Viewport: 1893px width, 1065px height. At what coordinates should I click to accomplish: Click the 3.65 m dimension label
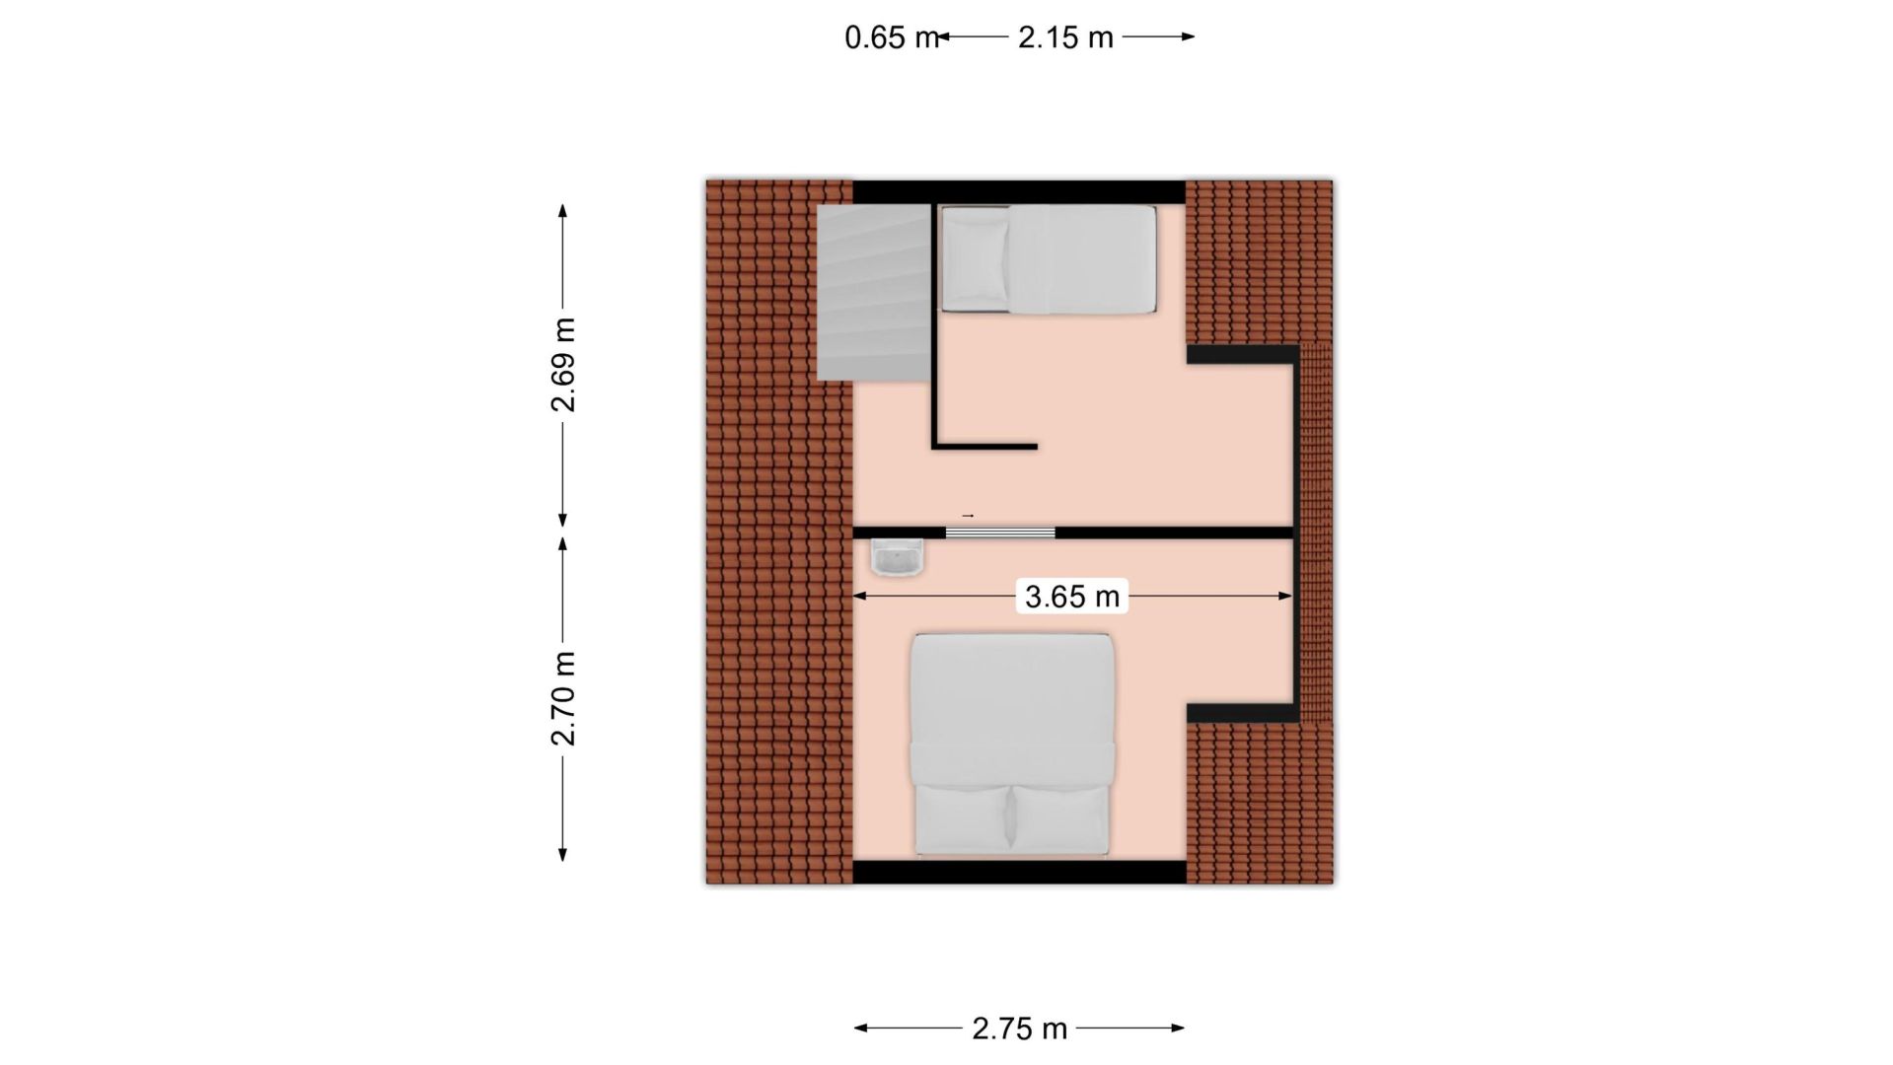click(x=1072, y=597)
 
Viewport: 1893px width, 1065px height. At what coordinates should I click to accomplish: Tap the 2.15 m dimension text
click(x=1065, y=37)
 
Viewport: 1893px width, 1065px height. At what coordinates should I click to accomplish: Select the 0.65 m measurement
click(x=891, y=37)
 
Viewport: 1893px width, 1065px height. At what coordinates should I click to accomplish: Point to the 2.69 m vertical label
click(x=563, y=365)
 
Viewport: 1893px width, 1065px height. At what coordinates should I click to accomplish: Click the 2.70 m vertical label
click(x=563, y=698)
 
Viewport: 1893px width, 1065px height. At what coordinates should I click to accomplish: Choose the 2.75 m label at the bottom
click(x=1019, y=1029)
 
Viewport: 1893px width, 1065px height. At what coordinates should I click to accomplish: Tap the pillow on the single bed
click(x=976, y=260)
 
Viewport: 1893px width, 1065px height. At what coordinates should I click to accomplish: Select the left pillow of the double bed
click(x=963, y=818)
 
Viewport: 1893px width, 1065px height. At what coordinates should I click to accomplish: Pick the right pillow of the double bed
click(x=1061, y=818)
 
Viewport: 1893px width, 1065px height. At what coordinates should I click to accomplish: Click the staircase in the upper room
click(x=874, y=292)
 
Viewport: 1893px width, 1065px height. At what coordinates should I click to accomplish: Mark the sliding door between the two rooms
click(x=1000, y=532)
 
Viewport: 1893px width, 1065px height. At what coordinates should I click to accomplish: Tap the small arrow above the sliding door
click(x=968, y=516)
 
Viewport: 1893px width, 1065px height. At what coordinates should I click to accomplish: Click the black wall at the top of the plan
click(x=1019, y=191)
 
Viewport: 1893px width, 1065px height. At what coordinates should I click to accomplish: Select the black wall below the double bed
click(x=1019, y=872)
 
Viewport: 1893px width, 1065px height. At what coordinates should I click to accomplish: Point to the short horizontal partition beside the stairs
click(x=984, y=447)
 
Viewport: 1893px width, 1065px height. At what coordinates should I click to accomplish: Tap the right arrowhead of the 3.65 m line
click(x=1284, y=596)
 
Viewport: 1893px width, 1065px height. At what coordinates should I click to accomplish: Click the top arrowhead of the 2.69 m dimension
click(x=563, y=211)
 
